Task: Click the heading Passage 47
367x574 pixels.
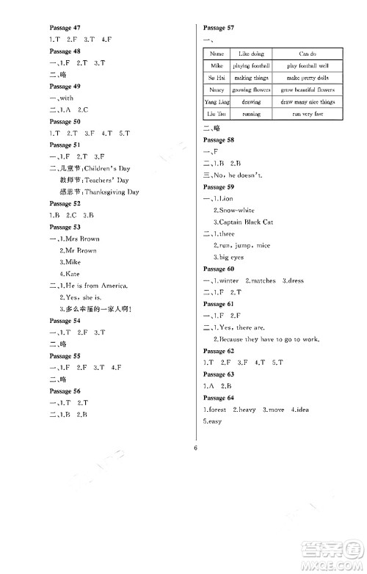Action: coord(65,26)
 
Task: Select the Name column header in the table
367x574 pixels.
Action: coord(217,54)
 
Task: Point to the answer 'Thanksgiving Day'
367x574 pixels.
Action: coord(112,192)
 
